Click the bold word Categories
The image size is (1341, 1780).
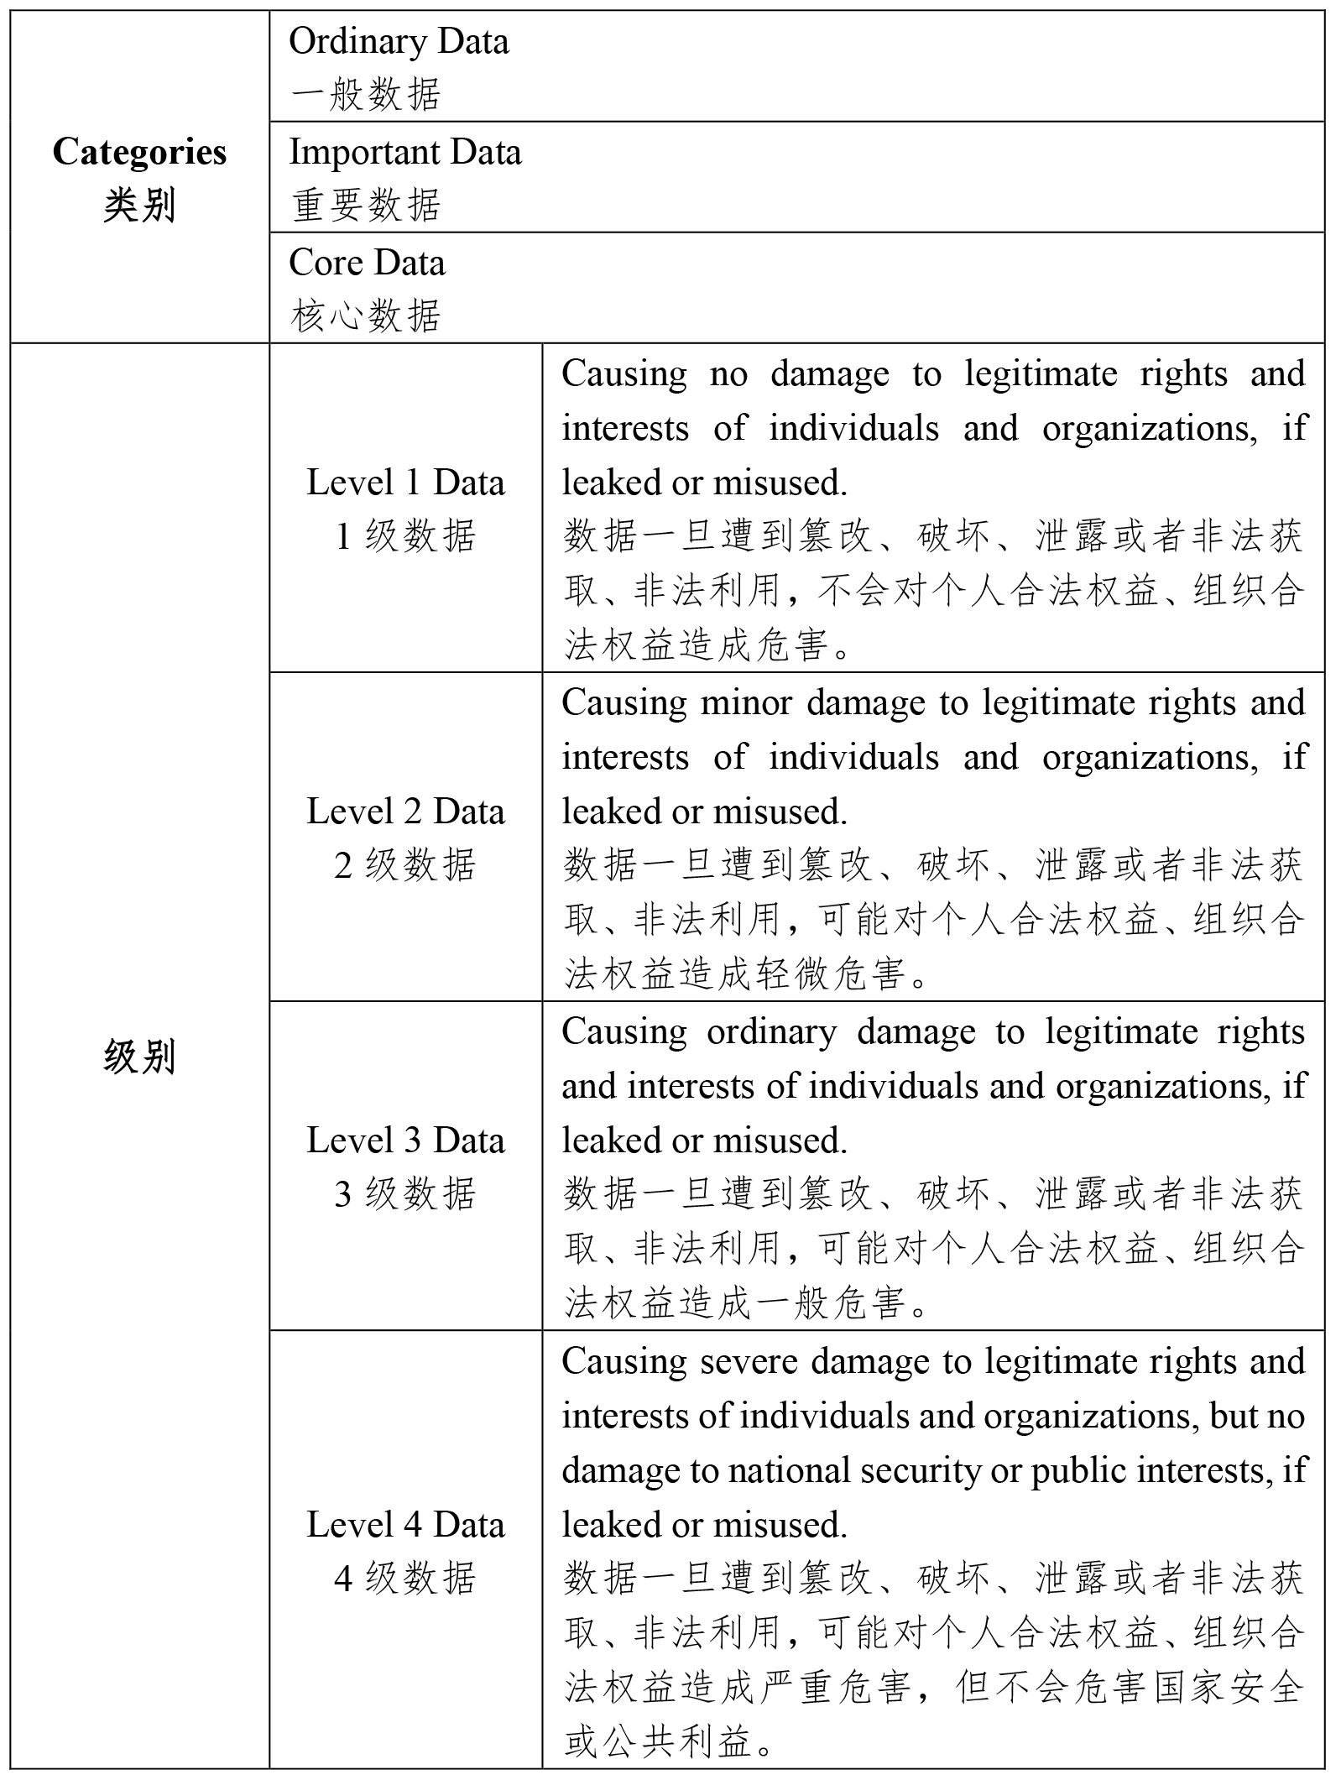click(139, 153)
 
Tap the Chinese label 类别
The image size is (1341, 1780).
click(139, 206)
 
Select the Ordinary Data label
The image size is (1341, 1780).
click(399, 42)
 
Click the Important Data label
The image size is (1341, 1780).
click(405, 153)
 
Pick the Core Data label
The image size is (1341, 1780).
click(367, 264)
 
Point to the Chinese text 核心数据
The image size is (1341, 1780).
click(366, 316)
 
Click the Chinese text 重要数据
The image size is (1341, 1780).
click(366, 206)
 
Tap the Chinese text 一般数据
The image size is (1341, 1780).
click(366, 95)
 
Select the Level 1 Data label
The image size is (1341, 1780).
click(405, 483)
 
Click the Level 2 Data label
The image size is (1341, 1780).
click(405, 812)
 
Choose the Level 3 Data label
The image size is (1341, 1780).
click(405, 1141)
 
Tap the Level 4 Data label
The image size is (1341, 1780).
click(405, 1525)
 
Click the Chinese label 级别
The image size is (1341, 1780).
click(139, 1057)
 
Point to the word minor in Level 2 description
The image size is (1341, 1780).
click(746, 703)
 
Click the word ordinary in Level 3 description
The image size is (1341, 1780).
click(771, 1032)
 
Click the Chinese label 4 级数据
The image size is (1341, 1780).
click(405, 1579)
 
